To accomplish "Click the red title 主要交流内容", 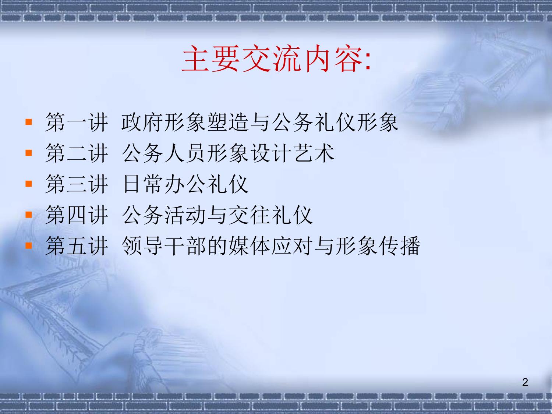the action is pyautogui.click(x=273, y=59).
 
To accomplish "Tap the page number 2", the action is pyautogui.click(x=525, y=382).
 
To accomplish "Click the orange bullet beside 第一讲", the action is pyautogui.click(x=29, y=122).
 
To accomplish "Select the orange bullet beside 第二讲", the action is pyautogui.click(x=29, y=153).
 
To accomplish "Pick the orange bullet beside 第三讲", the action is pyautogui.click(x=29, y=184).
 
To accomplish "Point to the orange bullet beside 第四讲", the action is pyautogui.click(x=29, y=215).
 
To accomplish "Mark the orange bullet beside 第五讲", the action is pyautogui.click(x=29, y=245).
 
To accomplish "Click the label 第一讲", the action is pyautogui.click(x=77, y=122).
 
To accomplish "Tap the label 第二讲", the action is pyautogui.click(x=77, y=153).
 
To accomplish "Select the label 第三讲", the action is pyautogui.click(x=77, y=184).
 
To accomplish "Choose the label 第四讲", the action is pyautogui.click(x=77, y=215).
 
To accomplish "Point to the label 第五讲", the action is pyautogui.click(x=77, y=246).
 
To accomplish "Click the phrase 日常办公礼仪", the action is pyautogui.click(x=185, y=184).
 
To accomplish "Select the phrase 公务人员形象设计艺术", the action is pyautogui.click(x=229, y=153).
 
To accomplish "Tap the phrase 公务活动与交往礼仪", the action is pyautogui.click(x=217, y=215).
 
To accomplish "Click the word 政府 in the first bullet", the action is pyautogui.click(x=142, y=122).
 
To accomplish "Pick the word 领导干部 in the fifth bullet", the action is pyautogui.click(x=164, y=246).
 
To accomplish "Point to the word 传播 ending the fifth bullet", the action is pyautogui.click(x=399, y=246).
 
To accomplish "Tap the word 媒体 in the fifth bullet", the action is pyautogui.click(x=249, y=246).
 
